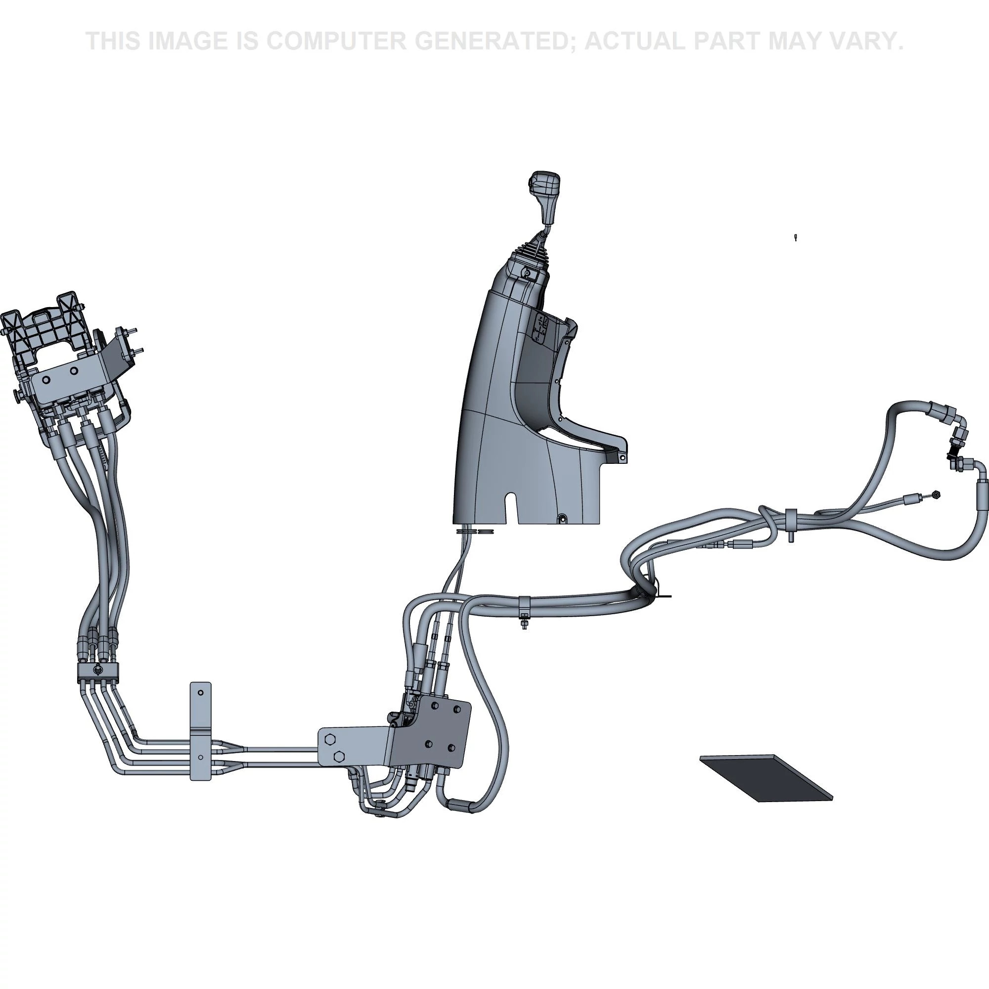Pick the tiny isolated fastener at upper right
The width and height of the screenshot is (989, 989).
pos(795,237)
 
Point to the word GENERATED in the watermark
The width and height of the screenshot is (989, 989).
pos(494,41)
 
